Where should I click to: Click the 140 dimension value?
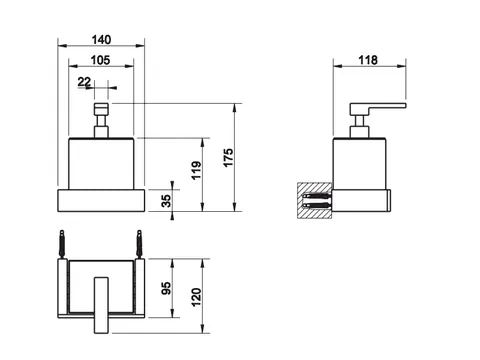pos(101,40)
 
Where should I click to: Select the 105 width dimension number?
pos(100,60)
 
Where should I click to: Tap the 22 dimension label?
pos(84,82)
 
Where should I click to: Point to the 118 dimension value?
pos(368,60)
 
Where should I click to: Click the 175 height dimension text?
pos(228,158)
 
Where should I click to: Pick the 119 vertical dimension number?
pos(196,170)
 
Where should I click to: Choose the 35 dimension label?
pos(166,200)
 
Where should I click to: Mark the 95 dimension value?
pos(166,288)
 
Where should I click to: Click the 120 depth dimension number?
pos(196,297)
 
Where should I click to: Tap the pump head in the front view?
pos(101,109)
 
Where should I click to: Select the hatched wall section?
pos(315,200)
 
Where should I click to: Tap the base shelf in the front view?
pos(101,200)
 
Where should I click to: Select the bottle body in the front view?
pos(101,163)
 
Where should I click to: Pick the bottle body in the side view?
pos(360,163)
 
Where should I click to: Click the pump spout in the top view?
pos(101,305)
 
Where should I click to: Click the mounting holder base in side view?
pos(361,201)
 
